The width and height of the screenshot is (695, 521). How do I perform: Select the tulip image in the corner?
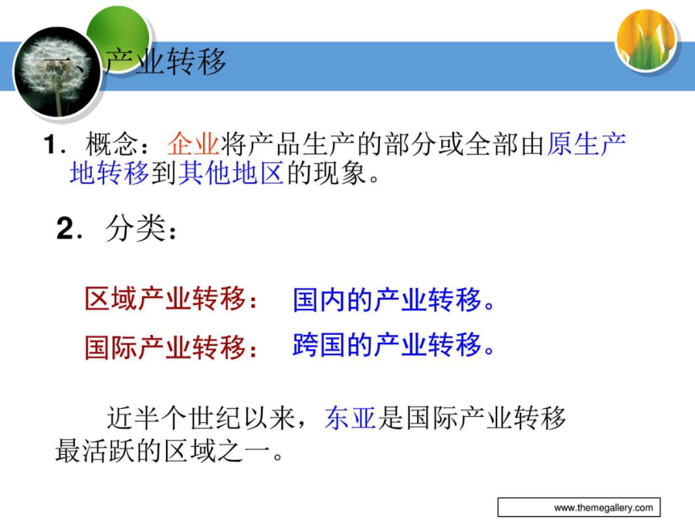point(646,40)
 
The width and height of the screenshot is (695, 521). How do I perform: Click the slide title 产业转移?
point(166,62)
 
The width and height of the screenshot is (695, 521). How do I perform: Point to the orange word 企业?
point(193,144)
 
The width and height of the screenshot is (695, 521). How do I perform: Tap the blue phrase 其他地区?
point(230,172)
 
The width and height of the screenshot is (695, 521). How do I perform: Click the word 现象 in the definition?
point(341,172)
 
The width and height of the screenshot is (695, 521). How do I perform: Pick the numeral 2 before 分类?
point(66,228)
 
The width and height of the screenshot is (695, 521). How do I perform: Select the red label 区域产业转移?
point(166,299)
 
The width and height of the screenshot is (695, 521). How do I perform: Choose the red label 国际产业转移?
point(166,347)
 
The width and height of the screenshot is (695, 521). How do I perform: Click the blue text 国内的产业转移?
point(388,299)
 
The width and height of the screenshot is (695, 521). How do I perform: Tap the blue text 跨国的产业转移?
point(388,345)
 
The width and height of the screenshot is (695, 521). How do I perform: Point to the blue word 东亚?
point(351,418)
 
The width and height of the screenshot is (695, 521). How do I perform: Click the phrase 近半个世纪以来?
point(201,418)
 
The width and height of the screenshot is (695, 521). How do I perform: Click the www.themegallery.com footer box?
point(579,507)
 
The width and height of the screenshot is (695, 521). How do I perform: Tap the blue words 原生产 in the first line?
point(586,144)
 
